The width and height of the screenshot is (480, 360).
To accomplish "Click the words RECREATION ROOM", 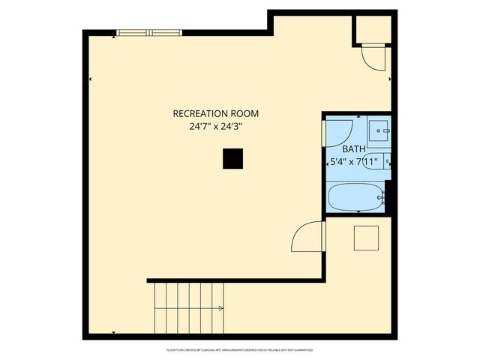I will coord(215,114).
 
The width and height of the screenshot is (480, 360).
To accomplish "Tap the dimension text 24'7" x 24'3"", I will coord(215,127).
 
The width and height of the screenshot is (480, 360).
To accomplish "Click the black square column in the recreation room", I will coord(233,158).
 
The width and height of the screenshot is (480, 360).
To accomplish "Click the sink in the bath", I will coord(379,130).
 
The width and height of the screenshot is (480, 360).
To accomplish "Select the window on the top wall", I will coord(148,32).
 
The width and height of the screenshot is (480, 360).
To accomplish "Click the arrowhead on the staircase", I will coord(220,307).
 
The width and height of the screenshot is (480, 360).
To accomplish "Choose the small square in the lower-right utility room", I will coord(367,238).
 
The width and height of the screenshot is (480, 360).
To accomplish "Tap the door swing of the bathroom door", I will coord(338,130).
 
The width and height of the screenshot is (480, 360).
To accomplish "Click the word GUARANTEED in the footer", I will coord(301,350).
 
